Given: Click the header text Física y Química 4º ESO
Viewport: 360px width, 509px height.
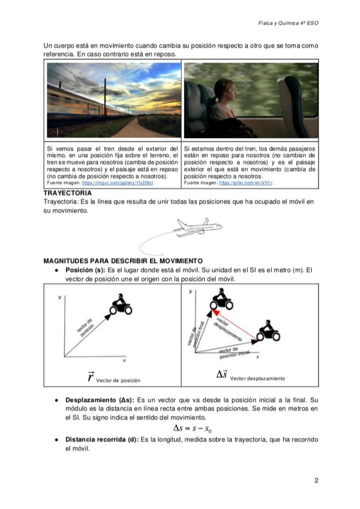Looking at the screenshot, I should (x=288, y=23).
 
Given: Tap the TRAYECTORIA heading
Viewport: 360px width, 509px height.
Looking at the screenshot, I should (x=67, y=193).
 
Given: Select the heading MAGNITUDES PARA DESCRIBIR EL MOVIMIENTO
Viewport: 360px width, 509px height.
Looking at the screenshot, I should (x=123, y=261).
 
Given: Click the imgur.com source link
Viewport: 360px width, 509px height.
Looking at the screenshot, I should (x=117, y=183).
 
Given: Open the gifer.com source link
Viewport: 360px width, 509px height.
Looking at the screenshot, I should (x=246, y=183).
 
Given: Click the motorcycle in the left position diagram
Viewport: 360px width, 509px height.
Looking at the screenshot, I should (x=121, y=305).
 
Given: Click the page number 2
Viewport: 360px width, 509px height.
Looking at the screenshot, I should (x=316, y=480).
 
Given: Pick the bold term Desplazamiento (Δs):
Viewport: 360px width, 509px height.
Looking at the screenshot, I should (x=100, y=400).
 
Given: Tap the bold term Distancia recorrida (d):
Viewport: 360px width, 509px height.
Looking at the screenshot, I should (x=102, y=440).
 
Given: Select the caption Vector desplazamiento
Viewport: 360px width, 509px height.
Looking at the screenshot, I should (x=257, y=378).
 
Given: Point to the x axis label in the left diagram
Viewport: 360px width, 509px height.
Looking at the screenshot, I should (x=124, y=360).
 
